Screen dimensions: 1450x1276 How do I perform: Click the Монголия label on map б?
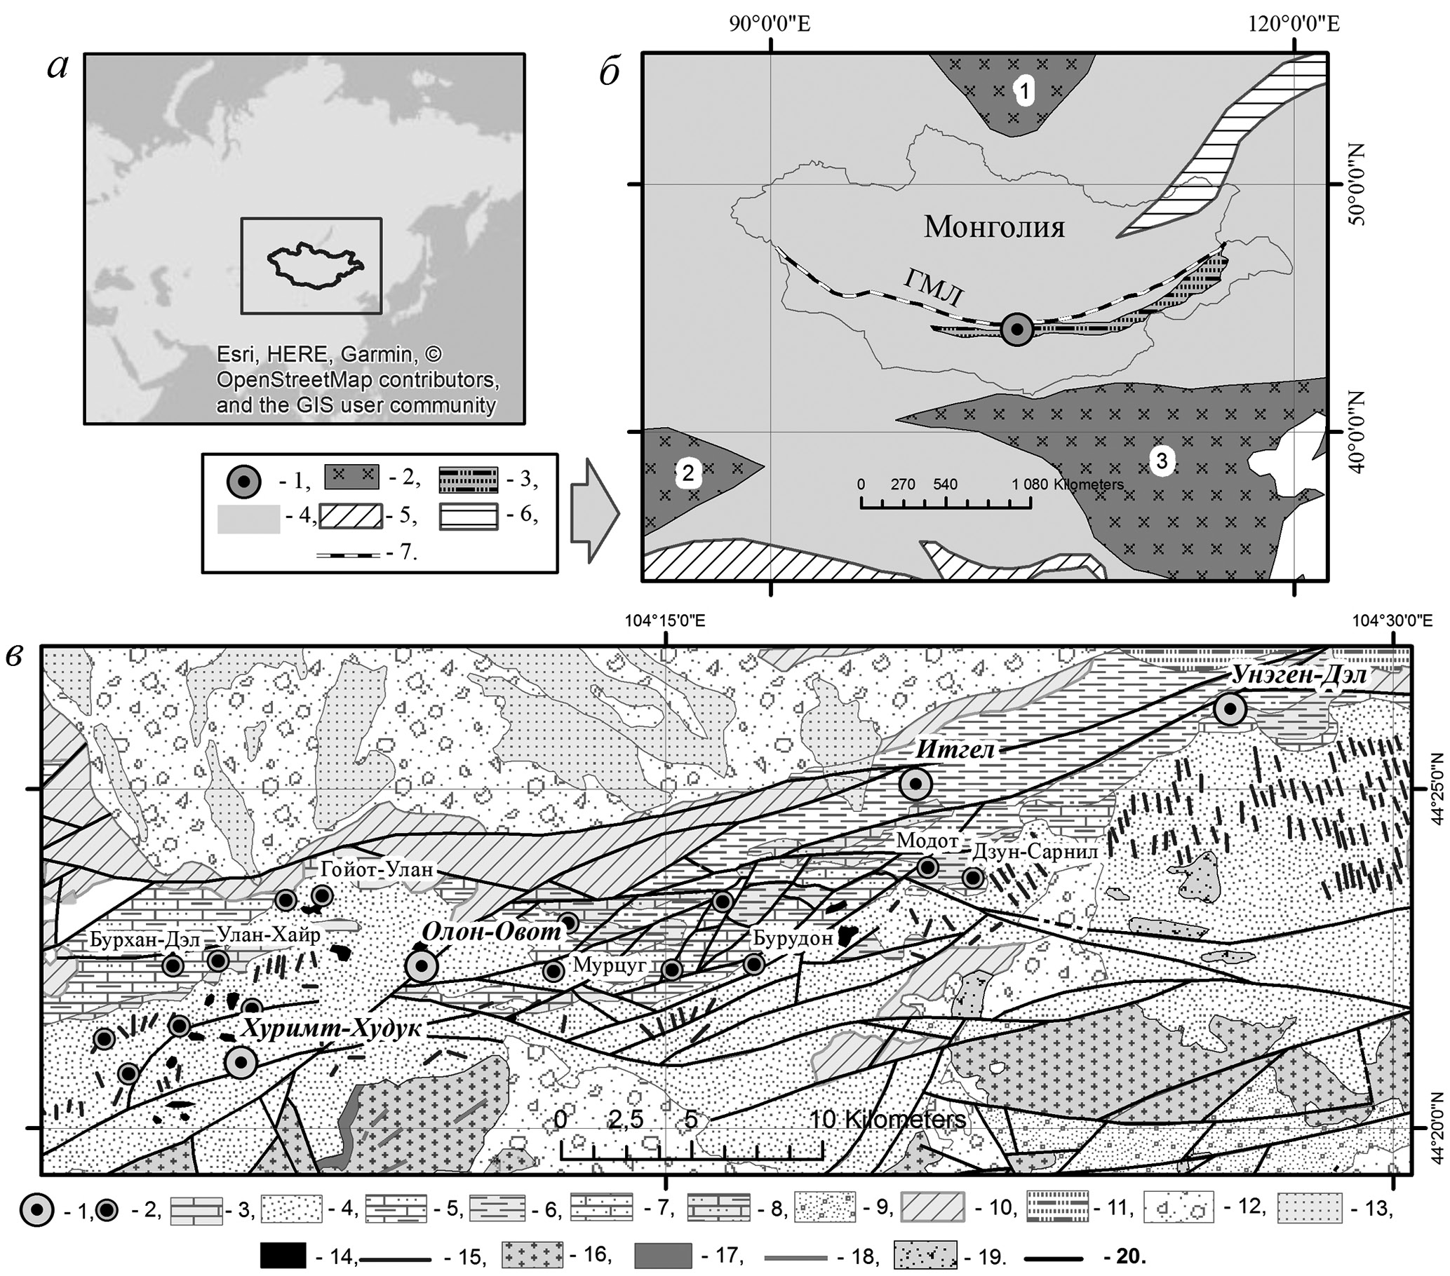pos(994,227)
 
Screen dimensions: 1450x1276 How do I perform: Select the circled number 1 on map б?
pos(1023,90)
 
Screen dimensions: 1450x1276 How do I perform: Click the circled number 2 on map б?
pos(687,473)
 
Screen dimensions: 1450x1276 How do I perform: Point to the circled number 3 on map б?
pos(1161,461)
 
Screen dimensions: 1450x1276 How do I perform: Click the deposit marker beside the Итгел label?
pos(916,784)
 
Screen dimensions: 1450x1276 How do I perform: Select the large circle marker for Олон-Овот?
pos(422,965)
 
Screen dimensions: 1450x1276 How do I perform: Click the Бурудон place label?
pos(793,939)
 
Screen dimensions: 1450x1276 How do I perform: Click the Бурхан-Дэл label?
pos(145,939)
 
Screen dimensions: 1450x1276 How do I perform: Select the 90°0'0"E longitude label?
pos(770,24)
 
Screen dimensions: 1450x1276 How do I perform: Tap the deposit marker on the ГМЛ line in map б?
pos(1017,329)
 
